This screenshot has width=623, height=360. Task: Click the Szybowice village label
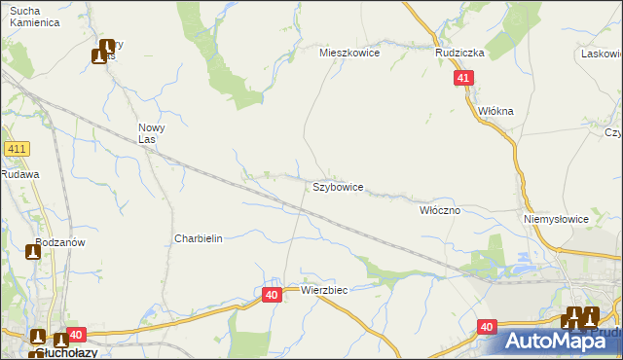[x=338, y=186]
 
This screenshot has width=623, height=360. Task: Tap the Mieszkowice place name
[x=349, y=53]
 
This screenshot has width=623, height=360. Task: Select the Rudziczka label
[x=459, y=53]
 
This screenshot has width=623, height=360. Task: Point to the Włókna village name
[x=495, y=111]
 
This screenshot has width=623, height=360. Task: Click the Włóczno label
[x=439, y=209]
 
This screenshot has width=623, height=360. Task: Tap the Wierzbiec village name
[x=324, y=290]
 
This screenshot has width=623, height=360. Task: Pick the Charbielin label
[x=199, y=238]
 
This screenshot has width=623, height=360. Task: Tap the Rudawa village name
[x=18, y=174]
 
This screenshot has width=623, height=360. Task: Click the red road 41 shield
[x=463, y=78]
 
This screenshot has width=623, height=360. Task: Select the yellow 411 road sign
[x=16, y=149]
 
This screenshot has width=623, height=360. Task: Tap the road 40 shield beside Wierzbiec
[x=272, y=294]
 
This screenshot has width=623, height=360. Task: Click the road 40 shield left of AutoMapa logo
[x=488, y=329]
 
